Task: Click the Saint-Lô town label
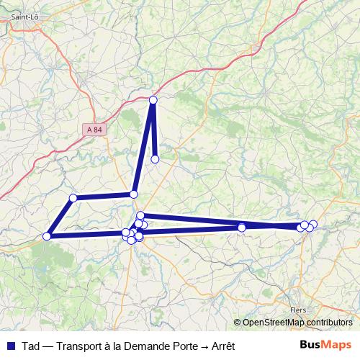point(24,13)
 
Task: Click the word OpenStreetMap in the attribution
point(274,322)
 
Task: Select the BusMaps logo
point(325,344)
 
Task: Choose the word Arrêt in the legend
point(224,345)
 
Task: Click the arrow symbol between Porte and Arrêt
point(204,345)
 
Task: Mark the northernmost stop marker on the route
point(153,100)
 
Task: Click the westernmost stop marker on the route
point(47,236)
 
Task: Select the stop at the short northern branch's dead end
point(155,159)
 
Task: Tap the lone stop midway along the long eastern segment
point(242,228)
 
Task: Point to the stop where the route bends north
point(134,194)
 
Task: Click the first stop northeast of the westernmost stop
point(73,198)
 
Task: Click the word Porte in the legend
point(183,345)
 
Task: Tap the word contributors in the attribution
point(328,322)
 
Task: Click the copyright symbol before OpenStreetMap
point(237,322)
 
